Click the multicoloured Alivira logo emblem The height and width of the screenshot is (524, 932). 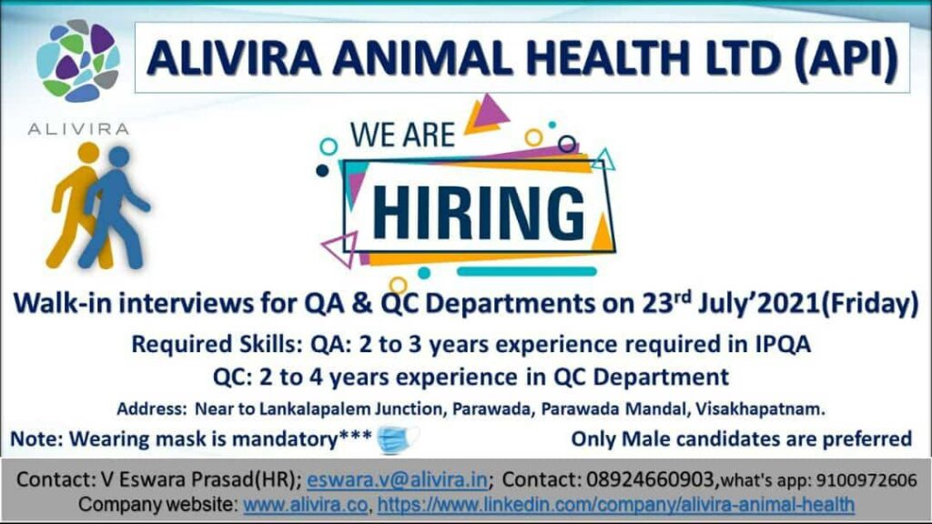78,60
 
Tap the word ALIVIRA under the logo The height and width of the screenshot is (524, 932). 78,129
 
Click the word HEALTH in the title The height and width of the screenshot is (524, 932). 608,58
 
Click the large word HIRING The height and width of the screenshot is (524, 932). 479,212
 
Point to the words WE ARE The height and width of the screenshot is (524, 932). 402,135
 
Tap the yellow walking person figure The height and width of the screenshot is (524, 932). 76,205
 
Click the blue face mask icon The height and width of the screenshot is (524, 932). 397,439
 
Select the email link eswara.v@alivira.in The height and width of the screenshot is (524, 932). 398,479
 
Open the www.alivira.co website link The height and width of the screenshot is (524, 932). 306,504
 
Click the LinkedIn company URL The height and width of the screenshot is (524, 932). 616,504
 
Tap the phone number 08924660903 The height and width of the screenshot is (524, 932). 650,479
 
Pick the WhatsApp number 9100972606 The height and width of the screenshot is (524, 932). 866,480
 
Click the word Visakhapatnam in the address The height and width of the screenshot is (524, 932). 760,408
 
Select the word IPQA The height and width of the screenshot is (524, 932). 783,344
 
